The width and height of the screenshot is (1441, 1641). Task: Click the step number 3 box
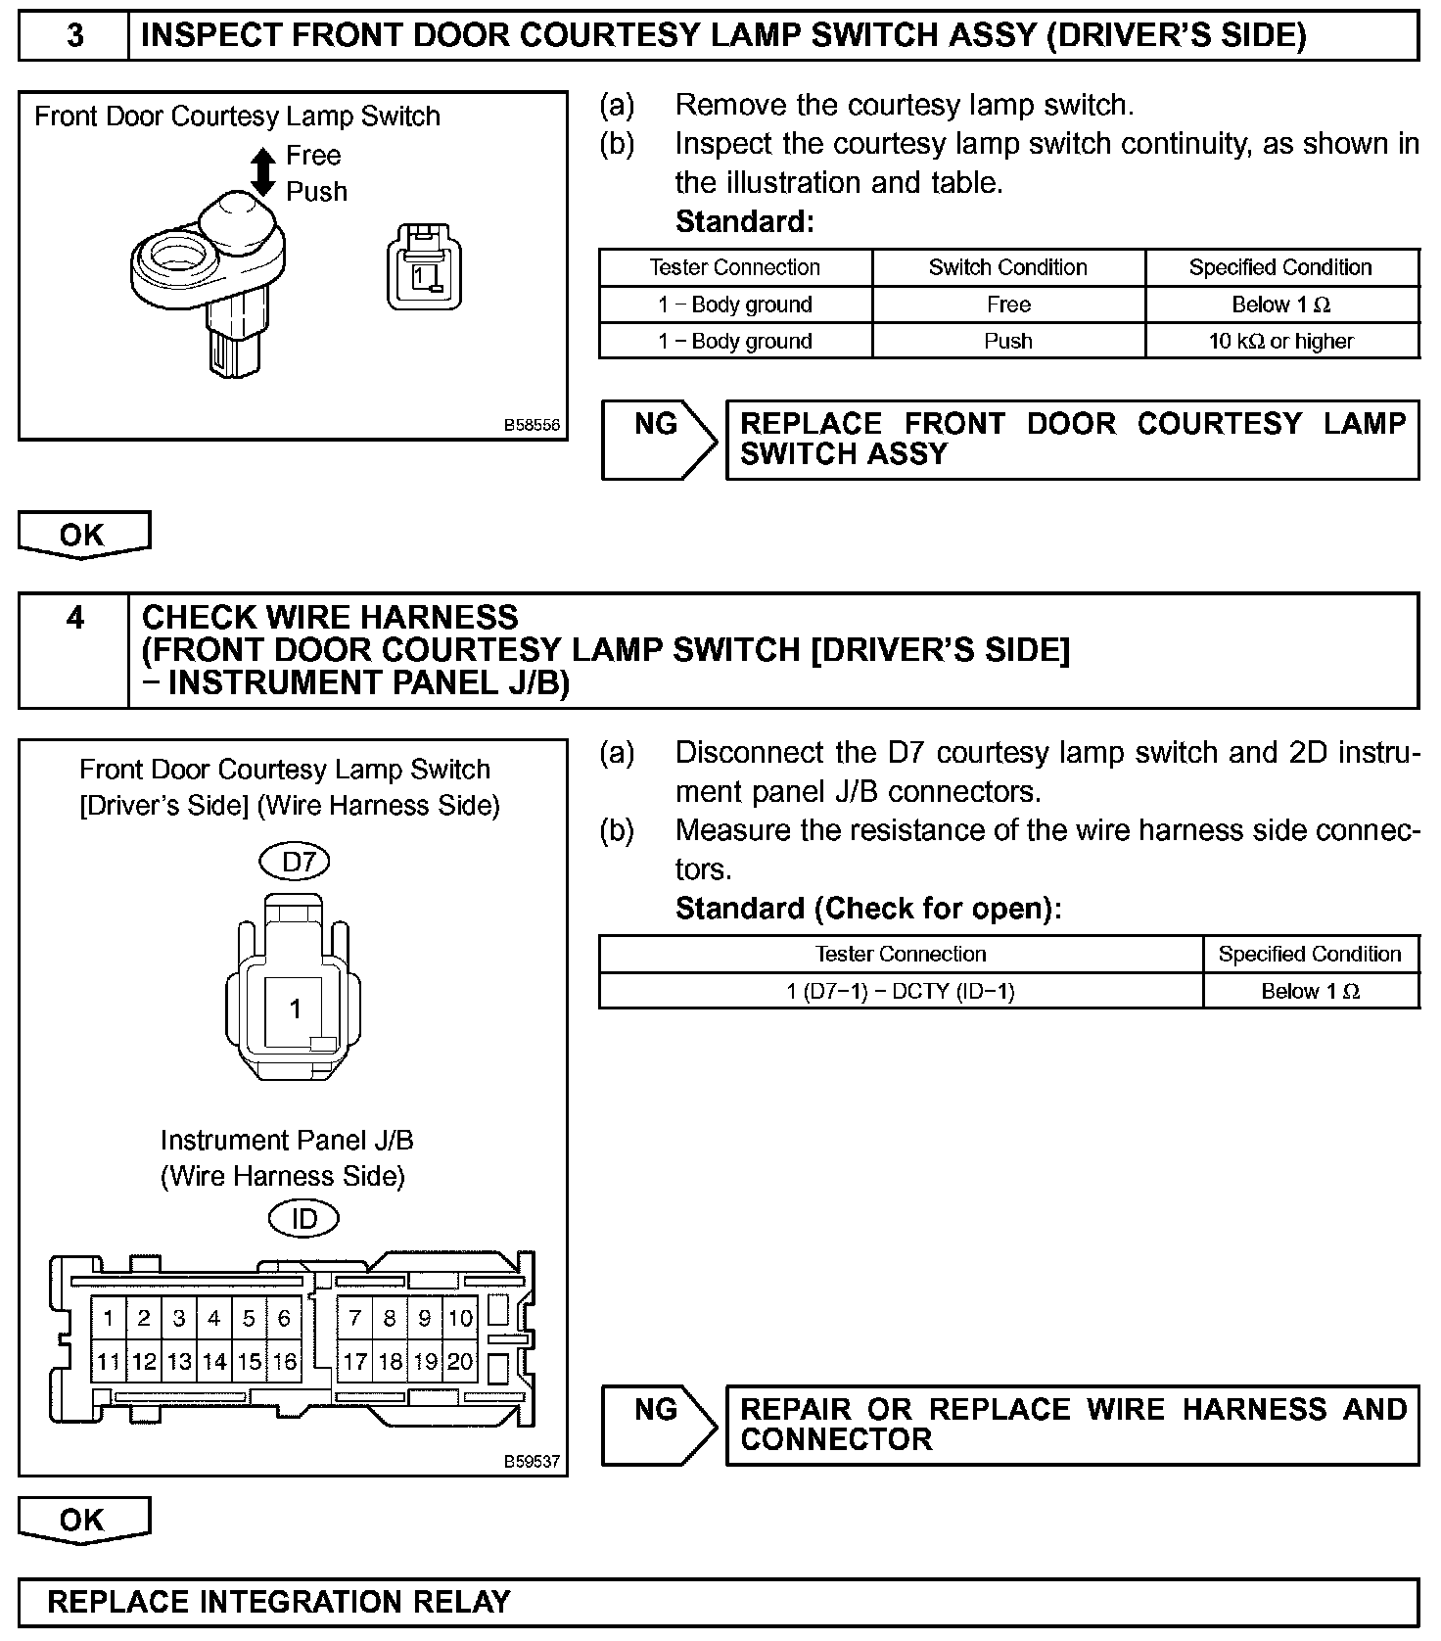tap(74, 36)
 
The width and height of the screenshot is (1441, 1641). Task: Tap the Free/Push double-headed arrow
tap(263, 172)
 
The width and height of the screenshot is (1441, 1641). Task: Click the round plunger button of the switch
tap(238, 220)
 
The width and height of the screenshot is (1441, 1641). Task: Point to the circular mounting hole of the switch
tap(177, 258)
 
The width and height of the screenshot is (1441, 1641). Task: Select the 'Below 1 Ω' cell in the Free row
tap(1281, 305)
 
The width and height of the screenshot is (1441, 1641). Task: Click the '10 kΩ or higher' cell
tap(1281, 341)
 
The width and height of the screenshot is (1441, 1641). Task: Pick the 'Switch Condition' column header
tap(1007, 267)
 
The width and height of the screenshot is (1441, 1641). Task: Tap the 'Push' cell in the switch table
tap(1007, 341)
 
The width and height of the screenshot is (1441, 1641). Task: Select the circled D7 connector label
tap(295, 862)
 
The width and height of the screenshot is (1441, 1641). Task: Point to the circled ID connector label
tap(304, 1219)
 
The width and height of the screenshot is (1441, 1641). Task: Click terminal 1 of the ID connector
tap(109, 1318)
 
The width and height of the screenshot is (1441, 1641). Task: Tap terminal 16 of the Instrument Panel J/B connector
tap(284, 1361)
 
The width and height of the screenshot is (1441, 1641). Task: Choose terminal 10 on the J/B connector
tap(460, 1318)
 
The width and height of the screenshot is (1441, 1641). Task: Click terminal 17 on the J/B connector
tap(354, 1361)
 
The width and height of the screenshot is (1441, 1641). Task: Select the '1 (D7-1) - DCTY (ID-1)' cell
tap(901, 991)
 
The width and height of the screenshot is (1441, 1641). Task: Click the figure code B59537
tap(532, 1461)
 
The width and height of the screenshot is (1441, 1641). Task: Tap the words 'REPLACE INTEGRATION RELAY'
tap(279, 1602)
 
